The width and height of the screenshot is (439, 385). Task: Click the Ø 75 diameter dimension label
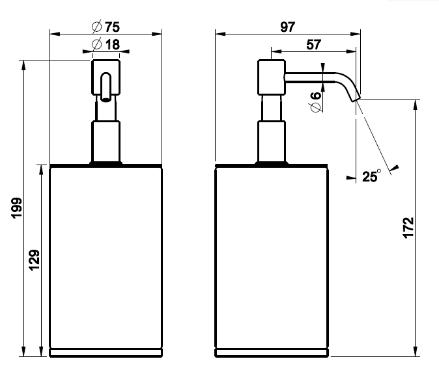106,27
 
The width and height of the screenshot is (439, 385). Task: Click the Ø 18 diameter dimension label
106,44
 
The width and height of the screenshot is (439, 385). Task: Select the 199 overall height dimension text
16,208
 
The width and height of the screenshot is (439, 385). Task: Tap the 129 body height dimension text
35,260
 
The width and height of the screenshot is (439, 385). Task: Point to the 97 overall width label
287,27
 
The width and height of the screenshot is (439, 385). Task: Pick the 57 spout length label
313,45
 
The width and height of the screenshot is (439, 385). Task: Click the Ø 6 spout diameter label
316,101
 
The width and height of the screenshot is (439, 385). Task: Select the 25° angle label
371,176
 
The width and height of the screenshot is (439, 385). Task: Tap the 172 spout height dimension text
408,228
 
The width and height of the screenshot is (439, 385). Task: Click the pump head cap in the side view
272,77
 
